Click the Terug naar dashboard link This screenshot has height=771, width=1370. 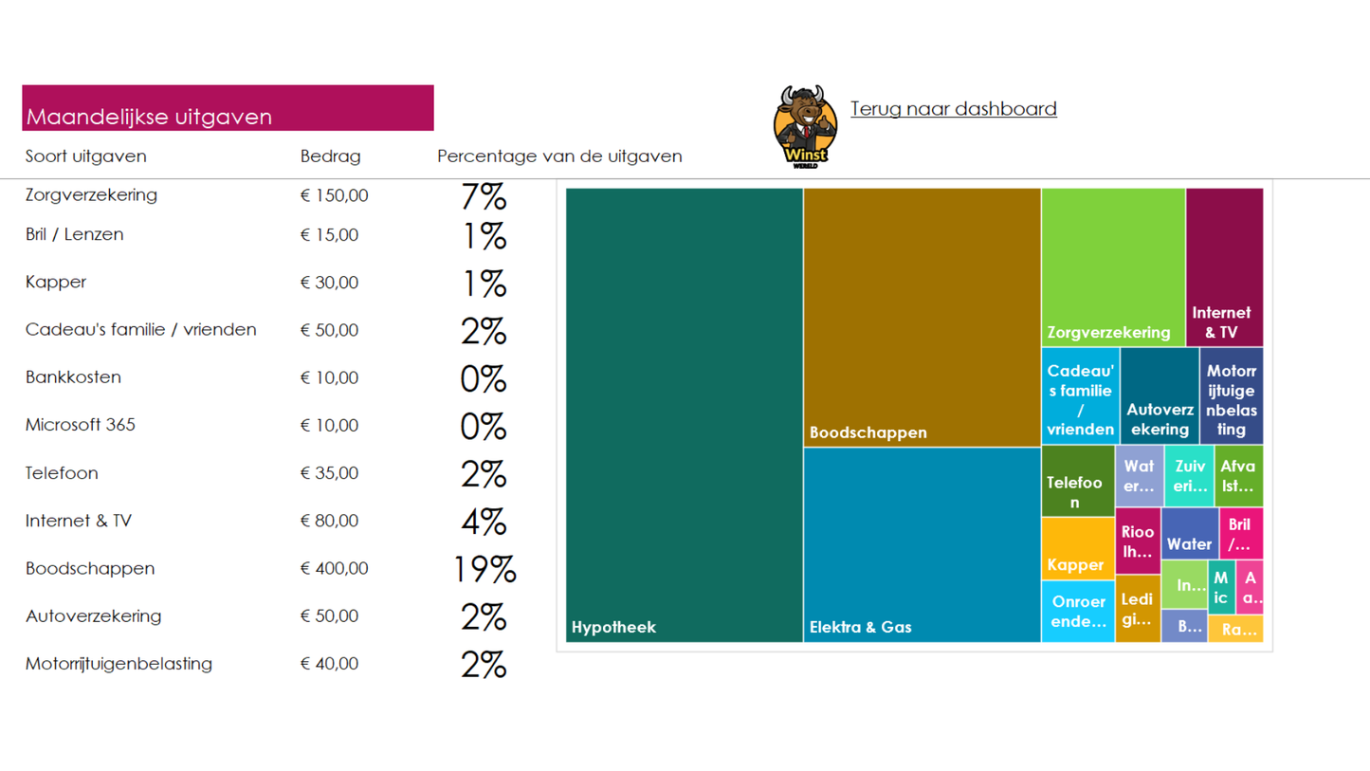click(953, 109)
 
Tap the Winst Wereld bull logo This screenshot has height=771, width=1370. click(805, 126)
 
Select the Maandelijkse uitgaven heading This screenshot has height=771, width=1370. click(149, 117)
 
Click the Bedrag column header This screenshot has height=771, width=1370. click(330, 156)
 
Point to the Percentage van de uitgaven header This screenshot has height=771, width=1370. click(559, 156)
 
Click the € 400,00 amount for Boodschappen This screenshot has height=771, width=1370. click(334, 569)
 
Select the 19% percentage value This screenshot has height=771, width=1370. click(484, 570)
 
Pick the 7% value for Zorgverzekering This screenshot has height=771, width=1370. click(484, 197)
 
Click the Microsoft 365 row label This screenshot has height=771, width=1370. click(81, 425)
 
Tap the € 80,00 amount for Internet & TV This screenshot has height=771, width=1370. click(329, 521)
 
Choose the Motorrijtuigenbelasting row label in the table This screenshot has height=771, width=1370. click(119, 664)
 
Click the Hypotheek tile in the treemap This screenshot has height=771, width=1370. click(684, 414)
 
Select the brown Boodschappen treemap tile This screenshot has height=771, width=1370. click(922, 317)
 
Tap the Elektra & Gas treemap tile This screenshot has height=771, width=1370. click(922, 544)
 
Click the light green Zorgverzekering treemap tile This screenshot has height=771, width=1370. click(1113, 266)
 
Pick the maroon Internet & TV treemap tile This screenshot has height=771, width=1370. click(1224, 266)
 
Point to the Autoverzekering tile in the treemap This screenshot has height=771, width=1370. click(1159, 396)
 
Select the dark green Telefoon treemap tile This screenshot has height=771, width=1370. click(1077, 482)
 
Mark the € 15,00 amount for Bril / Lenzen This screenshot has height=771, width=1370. click(329, 235)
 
